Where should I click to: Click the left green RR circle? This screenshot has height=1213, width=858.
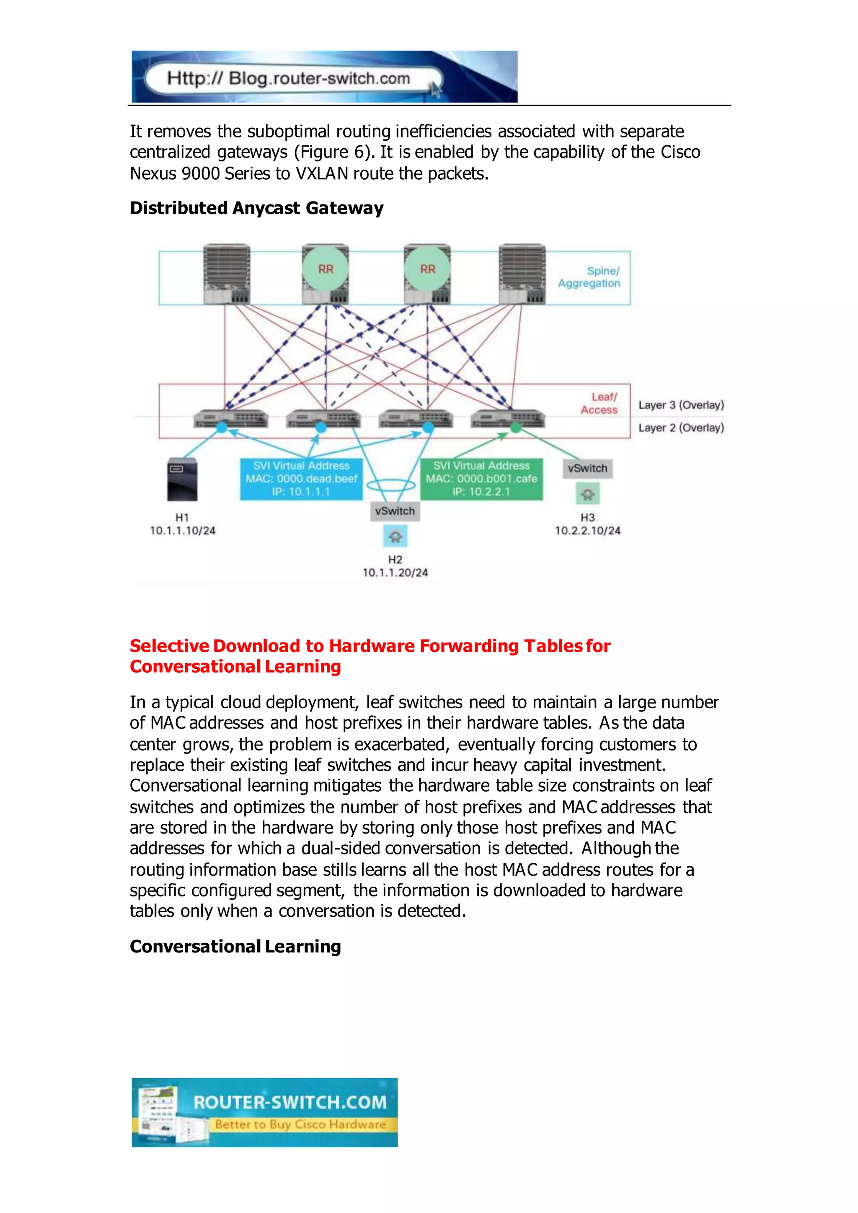pyautogui.click(x=326, y=269)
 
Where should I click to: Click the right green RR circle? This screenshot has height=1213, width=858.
pyautogui.click(x=427, y=269)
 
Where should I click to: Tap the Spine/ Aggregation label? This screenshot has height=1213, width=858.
pyautogui.click(x=589, y=277)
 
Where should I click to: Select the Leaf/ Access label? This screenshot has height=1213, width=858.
pyautogui.click(x=599, y=403)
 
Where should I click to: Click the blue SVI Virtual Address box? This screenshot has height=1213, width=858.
pyautogui.click(x=301, y=479)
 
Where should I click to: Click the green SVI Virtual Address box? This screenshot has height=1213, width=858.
pyautogui.click(x=481, y=479)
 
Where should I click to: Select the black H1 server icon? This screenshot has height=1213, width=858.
pyautogui.click(x=182, y=479)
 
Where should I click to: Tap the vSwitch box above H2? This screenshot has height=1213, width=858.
pyautogui.click(x=395, y=511)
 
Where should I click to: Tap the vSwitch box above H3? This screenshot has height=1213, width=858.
pyautogui.click(x=587, y=468)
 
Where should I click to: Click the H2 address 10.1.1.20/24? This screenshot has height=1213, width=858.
pyautogui.click(x=395, y=573)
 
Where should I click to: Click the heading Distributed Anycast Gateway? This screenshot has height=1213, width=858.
pyautogui.click(x=257, y=208)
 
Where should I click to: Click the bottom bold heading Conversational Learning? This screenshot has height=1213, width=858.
pyautogui.click(x=235, y=946)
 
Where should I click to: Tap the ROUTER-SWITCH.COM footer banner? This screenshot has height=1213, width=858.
pyautogui.click(x=265, y=1112)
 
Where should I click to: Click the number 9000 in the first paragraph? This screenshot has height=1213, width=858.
pyautogui.click(x=200, y=173)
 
